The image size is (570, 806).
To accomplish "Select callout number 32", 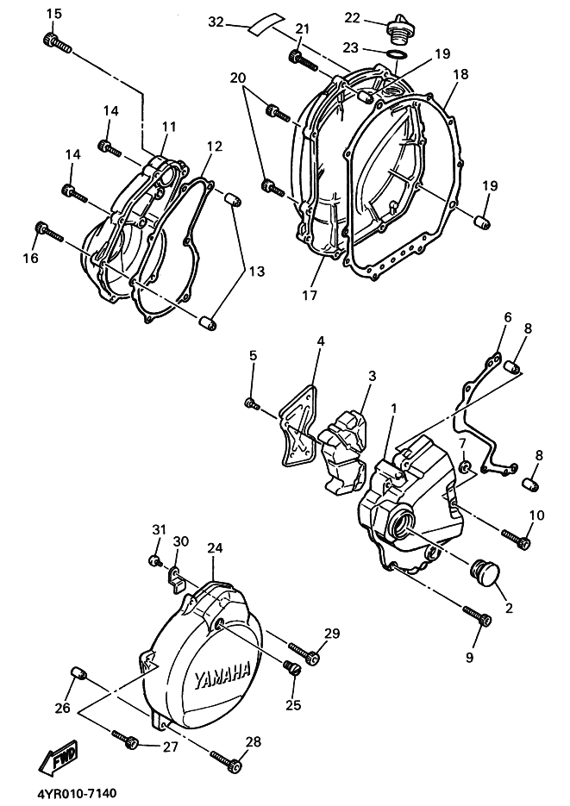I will pos(216,22).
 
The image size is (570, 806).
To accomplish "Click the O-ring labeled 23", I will pos(396,57).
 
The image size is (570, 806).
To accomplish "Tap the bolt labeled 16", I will pos(47,231).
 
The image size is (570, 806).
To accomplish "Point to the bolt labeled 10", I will pos(518,540).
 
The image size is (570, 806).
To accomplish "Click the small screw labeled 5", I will pos(252,403).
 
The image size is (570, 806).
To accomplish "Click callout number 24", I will pos(215,548).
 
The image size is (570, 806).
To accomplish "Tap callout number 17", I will pos(310,296).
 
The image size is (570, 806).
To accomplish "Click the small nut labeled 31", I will pos(156,561).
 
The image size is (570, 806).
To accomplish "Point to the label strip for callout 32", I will pos(264,24).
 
